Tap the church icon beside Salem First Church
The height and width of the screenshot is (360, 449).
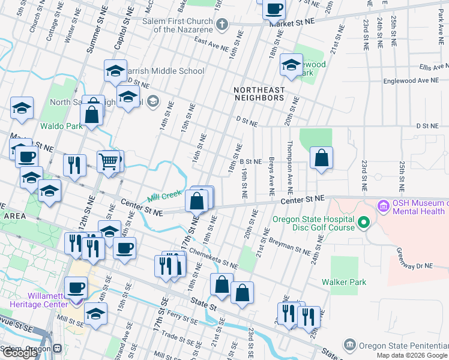click(x=222, y=25)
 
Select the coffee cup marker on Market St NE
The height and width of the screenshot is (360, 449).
click(x=274, y=10)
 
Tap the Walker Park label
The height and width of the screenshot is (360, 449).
click(x=344, y=282)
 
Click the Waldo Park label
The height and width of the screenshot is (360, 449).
click(x=61, y=126)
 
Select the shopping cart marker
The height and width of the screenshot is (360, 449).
click(x=108, y=161)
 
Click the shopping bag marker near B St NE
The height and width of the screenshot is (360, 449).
click(x=322, y=158)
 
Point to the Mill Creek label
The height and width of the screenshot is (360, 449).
click(x=164, y=195)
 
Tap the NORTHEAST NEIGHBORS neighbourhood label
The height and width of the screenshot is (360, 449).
click(x=259, y=94)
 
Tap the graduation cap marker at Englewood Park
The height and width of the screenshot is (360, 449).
click(x=291, y=66)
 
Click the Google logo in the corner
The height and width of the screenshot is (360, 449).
click(x=19, y=353)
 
